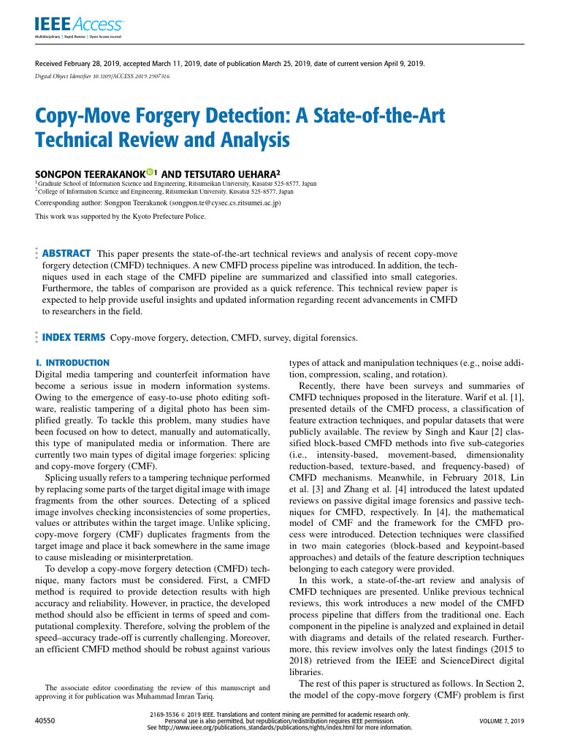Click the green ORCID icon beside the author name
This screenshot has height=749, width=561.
tap(150, 173)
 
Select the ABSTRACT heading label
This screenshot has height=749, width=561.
tap(66, 253)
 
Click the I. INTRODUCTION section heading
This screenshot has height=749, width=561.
tap(72, 363)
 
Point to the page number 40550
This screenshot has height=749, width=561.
tap(46, 721)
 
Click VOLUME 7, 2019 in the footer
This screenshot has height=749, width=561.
tap(502, 721)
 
